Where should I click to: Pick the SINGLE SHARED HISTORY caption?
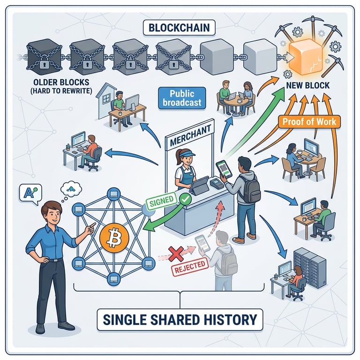[180, 320]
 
